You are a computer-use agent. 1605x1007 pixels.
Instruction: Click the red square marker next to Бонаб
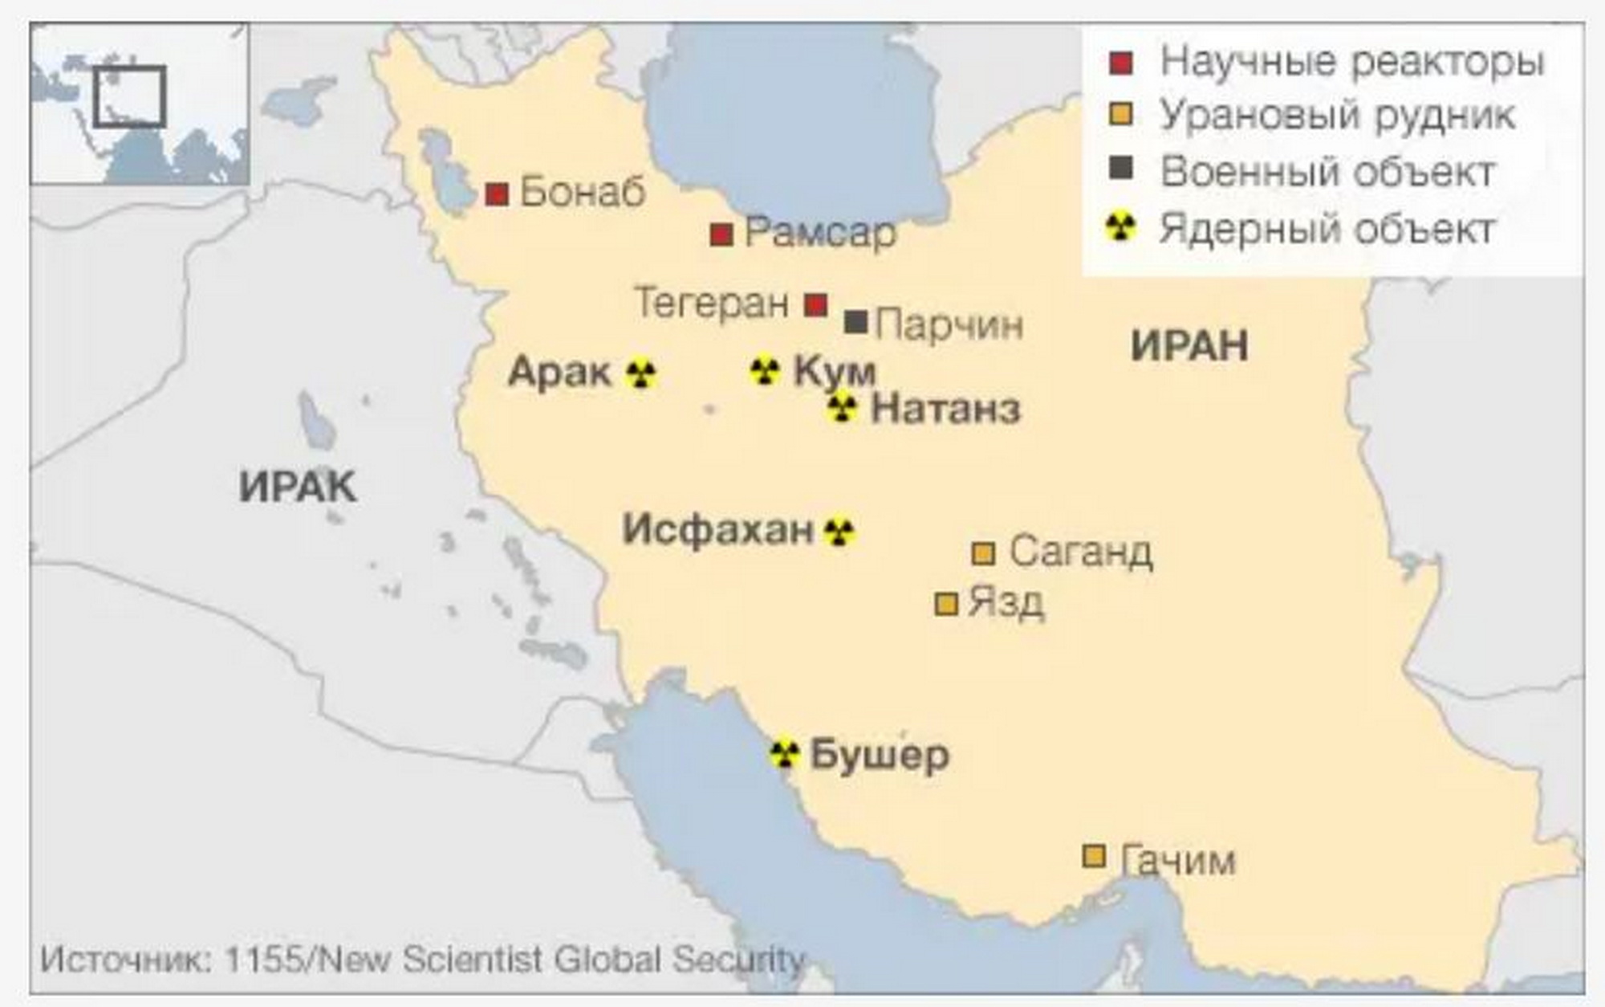point(497,194)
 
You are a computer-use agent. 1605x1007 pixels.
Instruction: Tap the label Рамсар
point(819,234)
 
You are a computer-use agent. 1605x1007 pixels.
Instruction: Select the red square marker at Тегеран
point(815,305)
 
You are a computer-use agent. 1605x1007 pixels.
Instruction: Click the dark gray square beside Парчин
point(855,322)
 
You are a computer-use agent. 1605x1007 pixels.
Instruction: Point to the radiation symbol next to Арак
point(640,373)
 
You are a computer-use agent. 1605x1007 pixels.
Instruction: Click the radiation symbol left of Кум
point(765,371)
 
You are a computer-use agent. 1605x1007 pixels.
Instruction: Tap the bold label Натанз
point(945,409)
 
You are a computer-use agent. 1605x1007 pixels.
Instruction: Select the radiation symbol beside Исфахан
point(839,531)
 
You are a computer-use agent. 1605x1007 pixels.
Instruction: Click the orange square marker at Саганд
point(983,553)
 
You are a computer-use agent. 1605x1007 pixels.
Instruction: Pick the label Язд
point(1006,602)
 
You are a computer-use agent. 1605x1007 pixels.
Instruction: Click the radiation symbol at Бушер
point(784,754)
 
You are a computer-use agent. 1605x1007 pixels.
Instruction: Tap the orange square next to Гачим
point(1094,856)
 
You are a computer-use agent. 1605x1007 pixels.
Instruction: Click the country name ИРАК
point(298,487)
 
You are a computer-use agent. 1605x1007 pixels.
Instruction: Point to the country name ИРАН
point(1189,346)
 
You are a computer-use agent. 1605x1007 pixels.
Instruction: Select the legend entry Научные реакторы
point(1351,62)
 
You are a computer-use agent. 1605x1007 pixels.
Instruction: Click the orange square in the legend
point(1120,115)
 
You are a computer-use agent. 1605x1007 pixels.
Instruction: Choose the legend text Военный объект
point(1327,172)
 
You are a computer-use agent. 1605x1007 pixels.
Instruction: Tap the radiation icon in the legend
point(1120,227)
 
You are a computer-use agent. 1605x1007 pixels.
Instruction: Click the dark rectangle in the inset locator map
point(129,96)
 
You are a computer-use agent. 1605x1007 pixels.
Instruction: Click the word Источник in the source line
point(124,960)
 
